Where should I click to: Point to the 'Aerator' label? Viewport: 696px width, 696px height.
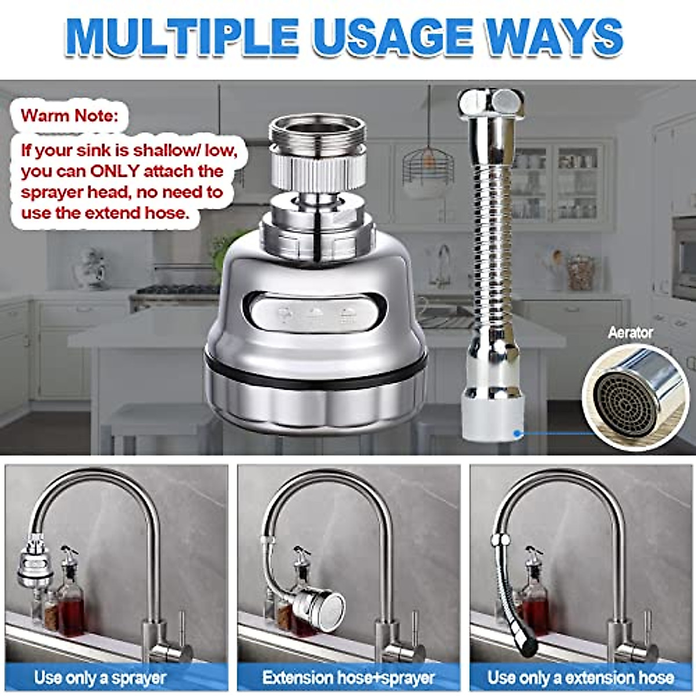630,333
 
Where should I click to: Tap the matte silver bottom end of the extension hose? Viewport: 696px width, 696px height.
492,414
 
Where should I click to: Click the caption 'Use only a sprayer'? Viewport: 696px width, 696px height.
100,677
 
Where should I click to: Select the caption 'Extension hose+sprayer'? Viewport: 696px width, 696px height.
349,677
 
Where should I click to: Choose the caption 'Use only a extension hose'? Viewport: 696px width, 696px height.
581,677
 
